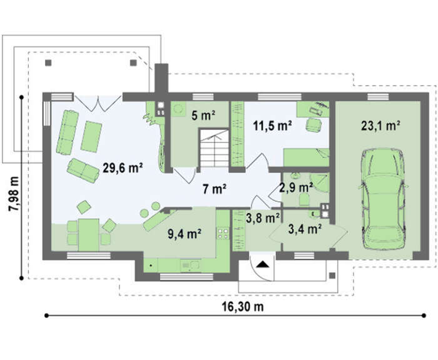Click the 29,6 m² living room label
pyautogui.click(x=123, y=167)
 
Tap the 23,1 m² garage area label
pyautogui.click(x=380, y=126)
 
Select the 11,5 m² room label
pyautogui.click(x=273, y=126)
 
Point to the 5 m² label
pyautogui.click(x=203, y=115)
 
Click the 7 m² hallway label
pyautogui.click(x=214, y=189)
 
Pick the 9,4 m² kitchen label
pyautogui.click(x=185, y=234)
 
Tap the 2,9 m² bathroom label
pyautogui.click(x=296, y=188)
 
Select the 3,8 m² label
pyautogui.click(x=263, y=218)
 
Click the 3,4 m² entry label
pyautogui.click(x=305, y=229)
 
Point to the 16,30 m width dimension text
pyautogui.click(x=243, y=307)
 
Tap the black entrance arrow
pyautogui.click(x=262, y=264)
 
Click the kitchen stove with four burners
pyautogui.click(x=223, y=234)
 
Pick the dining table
pyautogui.click(x=89, y=235)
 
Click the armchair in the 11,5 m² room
pyautogui.click(x=313, y=125)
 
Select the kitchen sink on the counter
pyautogui.click(x=190, y=265)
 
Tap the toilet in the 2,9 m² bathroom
pyautogui.click(x=303, y=200)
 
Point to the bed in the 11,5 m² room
pyautogui.click(x=307, y=157)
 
